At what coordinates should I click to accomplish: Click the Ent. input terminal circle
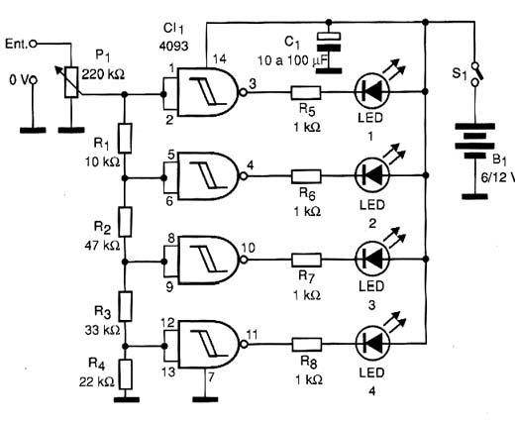(33, 44)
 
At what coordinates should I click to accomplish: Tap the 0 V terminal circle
(33, 80)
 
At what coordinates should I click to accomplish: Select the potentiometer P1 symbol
(71, 82)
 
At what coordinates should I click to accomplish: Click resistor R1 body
(125, 138)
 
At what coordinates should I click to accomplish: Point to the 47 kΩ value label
(102, 246)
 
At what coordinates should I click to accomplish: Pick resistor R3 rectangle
(125, 306)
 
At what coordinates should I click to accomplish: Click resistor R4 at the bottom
(125, 374)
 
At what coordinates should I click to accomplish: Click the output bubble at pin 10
(244, 260)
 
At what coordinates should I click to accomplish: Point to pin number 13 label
(168, 371)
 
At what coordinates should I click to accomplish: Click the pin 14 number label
(220, 59)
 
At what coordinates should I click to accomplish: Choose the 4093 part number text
(173, 46)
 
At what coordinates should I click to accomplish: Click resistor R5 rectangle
(306, 93)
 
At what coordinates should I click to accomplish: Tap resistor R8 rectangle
(307, 345)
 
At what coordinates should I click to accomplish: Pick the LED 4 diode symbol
(372, 343)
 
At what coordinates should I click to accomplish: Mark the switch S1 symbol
(475, 73)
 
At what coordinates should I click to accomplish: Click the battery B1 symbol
(475, 142)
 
